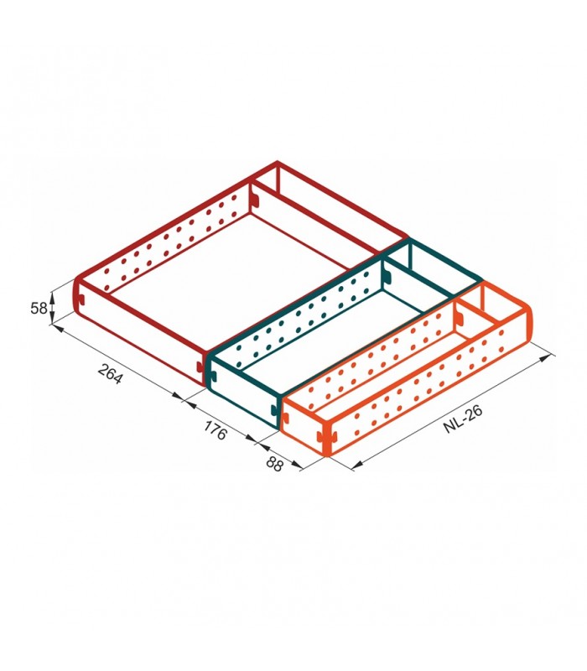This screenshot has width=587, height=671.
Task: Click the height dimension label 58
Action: [x=39, y=308]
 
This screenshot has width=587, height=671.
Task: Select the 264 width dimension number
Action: [x=110, y=373]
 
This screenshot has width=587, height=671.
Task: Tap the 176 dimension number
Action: [x=216, y=431]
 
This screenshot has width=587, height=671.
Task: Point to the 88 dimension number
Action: [x=274, y=462]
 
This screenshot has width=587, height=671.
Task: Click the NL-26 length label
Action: [x=462, y=415]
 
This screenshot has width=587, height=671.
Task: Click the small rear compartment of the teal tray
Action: [x=432, y=277]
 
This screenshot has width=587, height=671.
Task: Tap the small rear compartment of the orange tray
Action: [x=495, y=315]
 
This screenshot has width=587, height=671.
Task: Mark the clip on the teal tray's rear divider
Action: [x=386, y=273]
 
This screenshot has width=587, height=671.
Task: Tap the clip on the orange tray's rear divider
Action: [x=460, y=315]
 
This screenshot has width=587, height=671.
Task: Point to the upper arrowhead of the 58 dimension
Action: [x=53, y=293]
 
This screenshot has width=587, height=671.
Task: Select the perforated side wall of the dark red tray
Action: [x=168, y=243]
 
